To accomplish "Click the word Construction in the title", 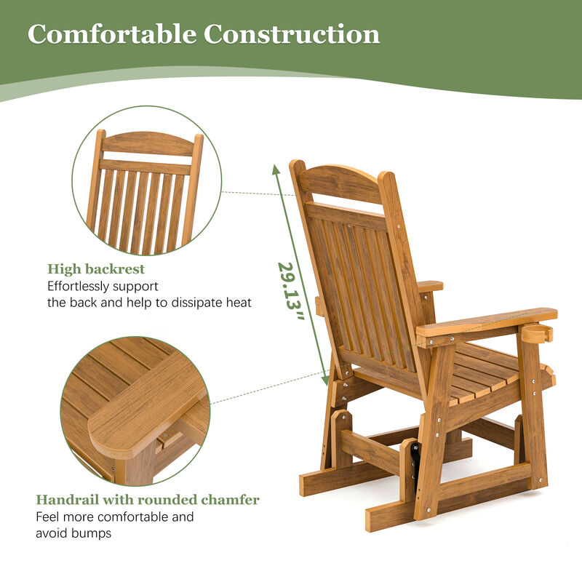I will pos(292,34).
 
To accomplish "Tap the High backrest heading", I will pos(96,269).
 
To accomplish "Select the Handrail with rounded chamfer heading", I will pos(148,500).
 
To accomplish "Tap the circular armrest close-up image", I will pos(135,411).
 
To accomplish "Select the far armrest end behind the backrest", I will pos(429,286).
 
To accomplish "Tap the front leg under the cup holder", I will pos(533,415).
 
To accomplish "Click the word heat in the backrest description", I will pos(239,302).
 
